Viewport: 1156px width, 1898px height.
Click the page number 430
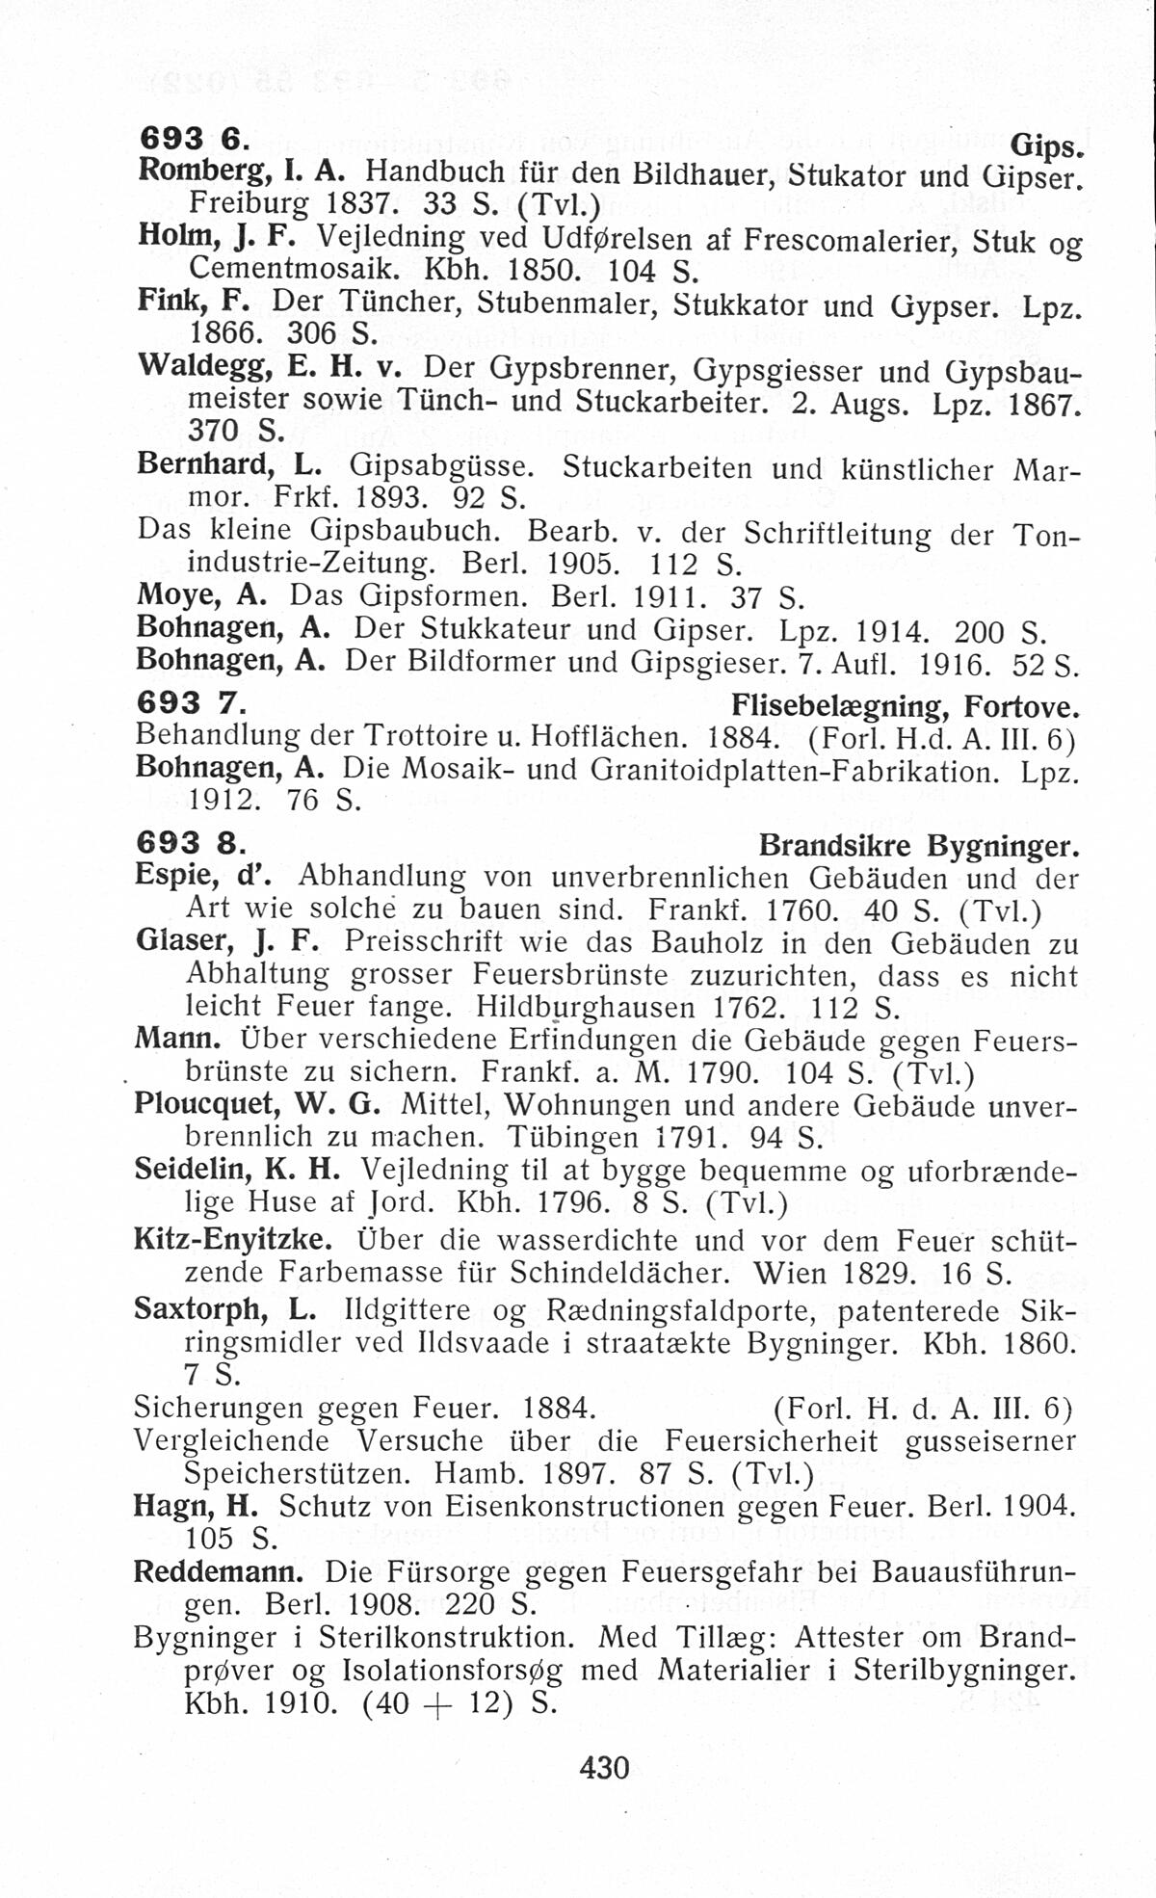(x=604, y=1767)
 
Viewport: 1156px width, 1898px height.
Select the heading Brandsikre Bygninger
(x=918, y=845)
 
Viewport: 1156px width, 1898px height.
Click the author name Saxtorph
(x=198, y=1310)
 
